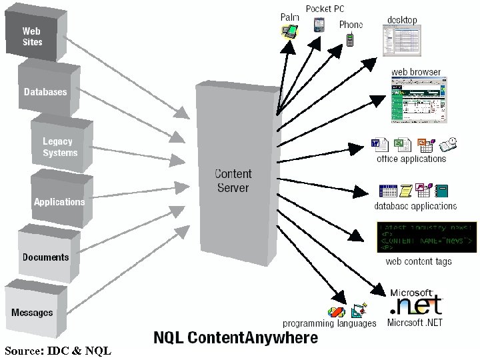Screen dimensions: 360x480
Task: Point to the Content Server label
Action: [x=233, y=181]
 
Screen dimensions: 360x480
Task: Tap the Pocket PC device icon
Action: [x=319, y=25]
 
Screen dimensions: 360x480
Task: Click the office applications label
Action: [x=411, y=159]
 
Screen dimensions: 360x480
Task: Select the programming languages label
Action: [x=329, y=323]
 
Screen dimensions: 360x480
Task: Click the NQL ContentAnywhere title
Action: [x=236, y=338]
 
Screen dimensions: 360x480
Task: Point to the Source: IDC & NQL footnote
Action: [x=57, y=351]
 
